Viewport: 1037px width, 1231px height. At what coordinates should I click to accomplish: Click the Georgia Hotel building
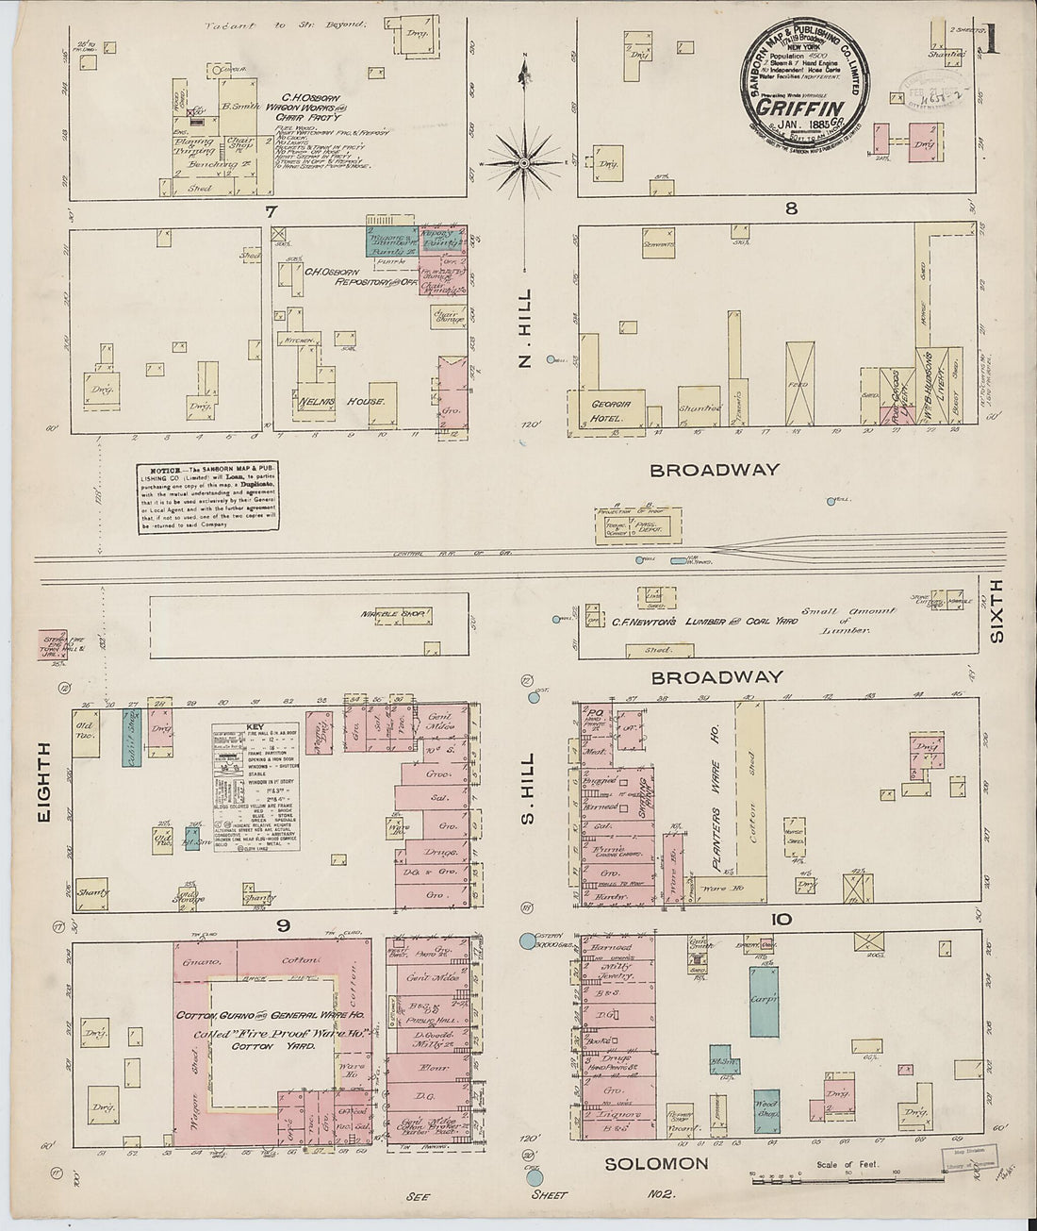click(x=610, y=411)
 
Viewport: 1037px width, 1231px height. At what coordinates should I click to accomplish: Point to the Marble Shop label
click(x=395, y=615)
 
